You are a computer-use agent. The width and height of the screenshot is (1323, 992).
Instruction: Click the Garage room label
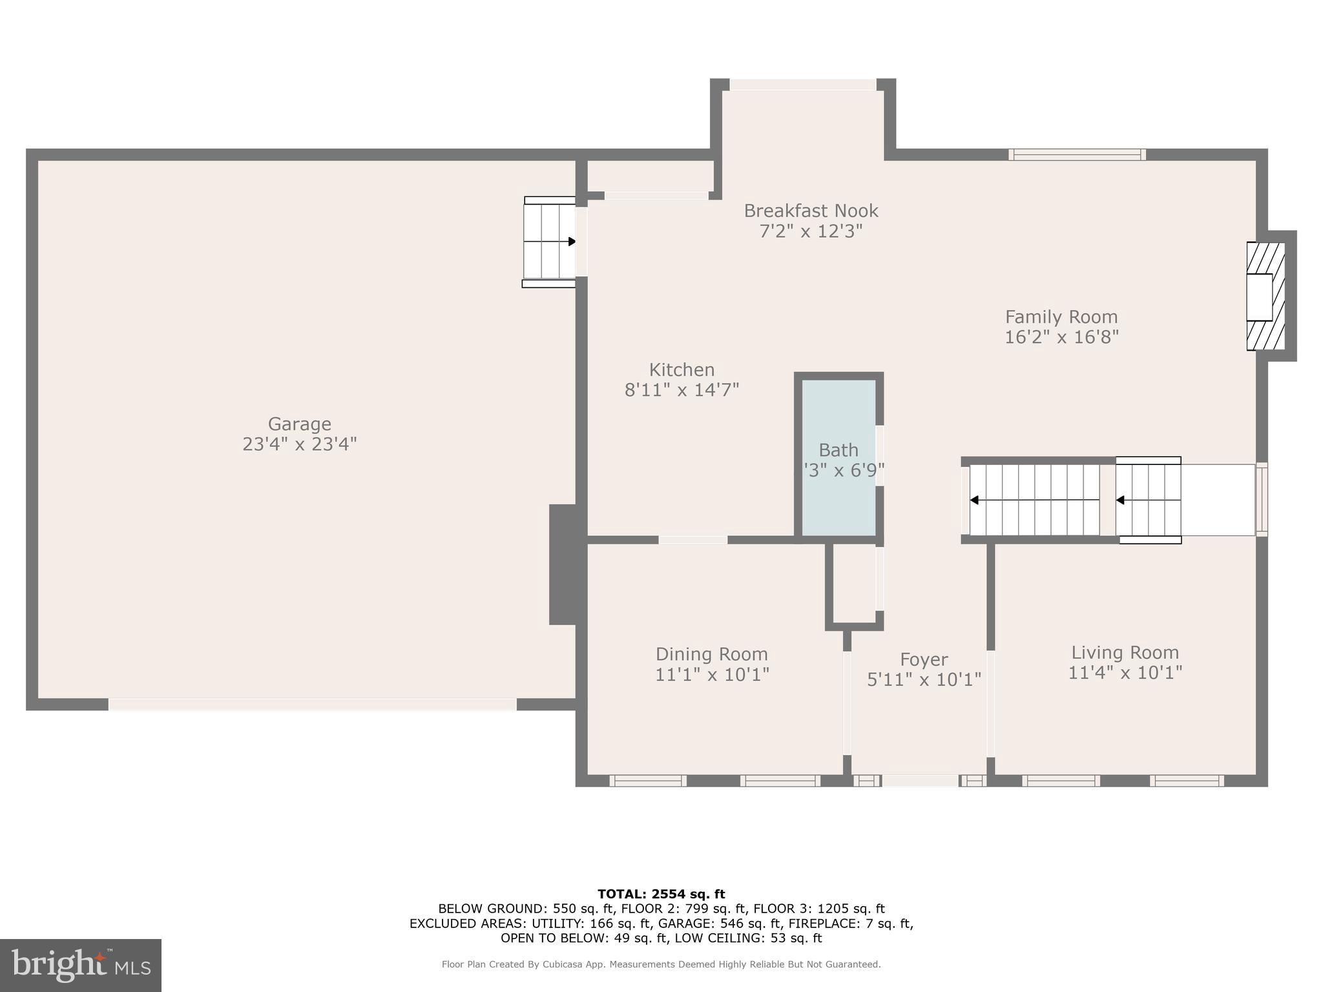299,424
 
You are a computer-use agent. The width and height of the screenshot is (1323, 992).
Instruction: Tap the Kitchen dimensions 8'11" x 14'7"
682,390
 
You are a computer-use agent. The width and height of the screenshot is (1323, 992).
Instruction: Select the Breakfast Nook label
811,211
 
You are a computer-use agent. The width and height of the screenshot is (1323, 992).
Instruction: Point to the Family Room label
1061,317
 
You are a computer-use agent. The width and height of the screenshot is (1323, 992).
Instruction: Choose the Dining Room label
711,654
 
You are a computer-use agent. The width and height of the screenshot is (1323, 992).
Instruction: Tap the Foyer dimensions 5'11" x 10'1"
924,679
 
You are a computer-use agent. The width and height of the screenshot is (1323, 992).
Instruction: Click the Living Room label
1125,652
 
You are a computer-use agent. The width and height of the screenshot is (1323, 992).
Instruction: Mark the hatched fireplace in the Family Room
1265,296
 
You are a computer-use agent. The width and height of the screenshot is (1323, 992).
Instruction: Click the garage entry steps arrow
571,242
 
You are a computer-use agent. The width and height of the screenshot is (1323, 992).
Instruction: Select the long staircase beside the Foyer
1034,500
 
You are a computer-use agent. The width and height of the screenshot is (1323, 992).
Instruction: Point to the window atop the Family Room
1077,155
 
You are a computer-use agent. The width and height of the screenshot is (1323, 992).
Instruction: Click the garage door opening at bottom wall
313,705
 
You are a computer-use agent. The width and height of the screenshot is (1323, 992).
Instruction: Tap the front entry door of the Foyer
920,781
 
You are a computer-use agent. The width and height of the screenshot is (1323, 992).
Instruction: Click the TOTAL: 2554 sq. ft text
661,894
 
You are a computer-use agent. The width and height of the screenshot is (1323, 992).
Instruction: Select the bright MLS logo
81,965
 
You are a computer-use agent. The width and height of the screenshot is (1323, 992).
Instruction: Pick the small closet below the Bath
853,584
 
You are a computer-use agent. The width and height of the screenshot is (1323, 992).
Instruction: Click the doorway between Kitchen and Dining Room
693,539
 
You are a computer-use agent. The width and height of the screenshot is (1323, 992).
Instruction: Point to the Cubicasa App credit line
661,964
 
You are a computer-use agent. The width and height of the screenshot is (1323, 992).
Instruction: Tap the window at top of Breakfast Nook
802,85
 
